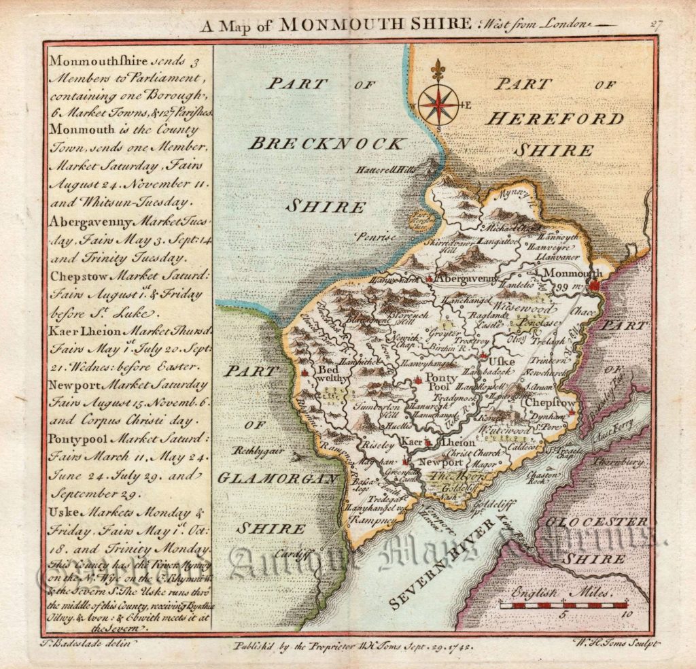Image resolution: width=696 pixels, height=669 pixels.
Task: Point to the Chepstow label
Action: coord(549,403)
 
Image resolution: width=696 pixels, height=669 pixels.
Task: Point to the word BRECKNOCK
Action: coord(327,143)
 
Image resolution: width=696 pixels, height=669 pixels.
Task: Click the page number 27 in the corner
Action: coord(655,25)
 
